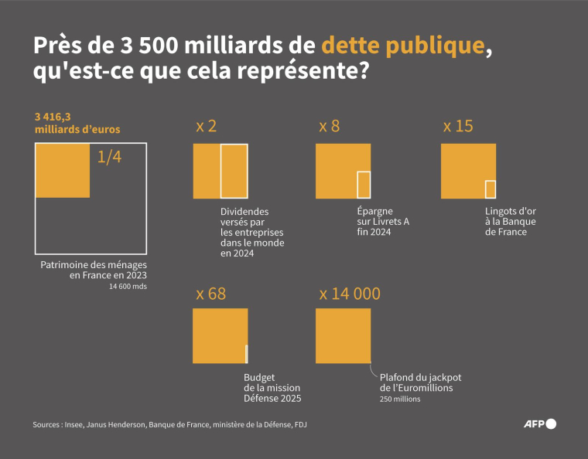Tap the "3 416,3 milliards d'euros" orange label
point(77,122)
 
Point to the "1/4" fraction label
point(110,158)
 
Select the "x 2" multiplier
point(206,126)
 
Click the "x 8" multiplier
point(329,126)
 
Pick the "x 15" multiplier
point(457,126)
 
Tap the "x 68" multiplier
point(210,294)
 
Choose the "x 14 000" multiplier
point(350,294)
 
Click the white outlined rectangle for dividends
point(234,171)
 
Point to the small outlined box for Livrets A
point(364,185)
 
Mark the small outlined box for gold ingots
point(490,189)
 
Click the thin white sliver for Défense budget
point(246,354)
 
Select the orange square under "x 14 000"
point(343,335)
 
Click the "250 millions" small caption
point(400,399)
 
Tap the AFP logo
point(540,423)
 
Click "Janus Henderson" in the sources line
point(120,424)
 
